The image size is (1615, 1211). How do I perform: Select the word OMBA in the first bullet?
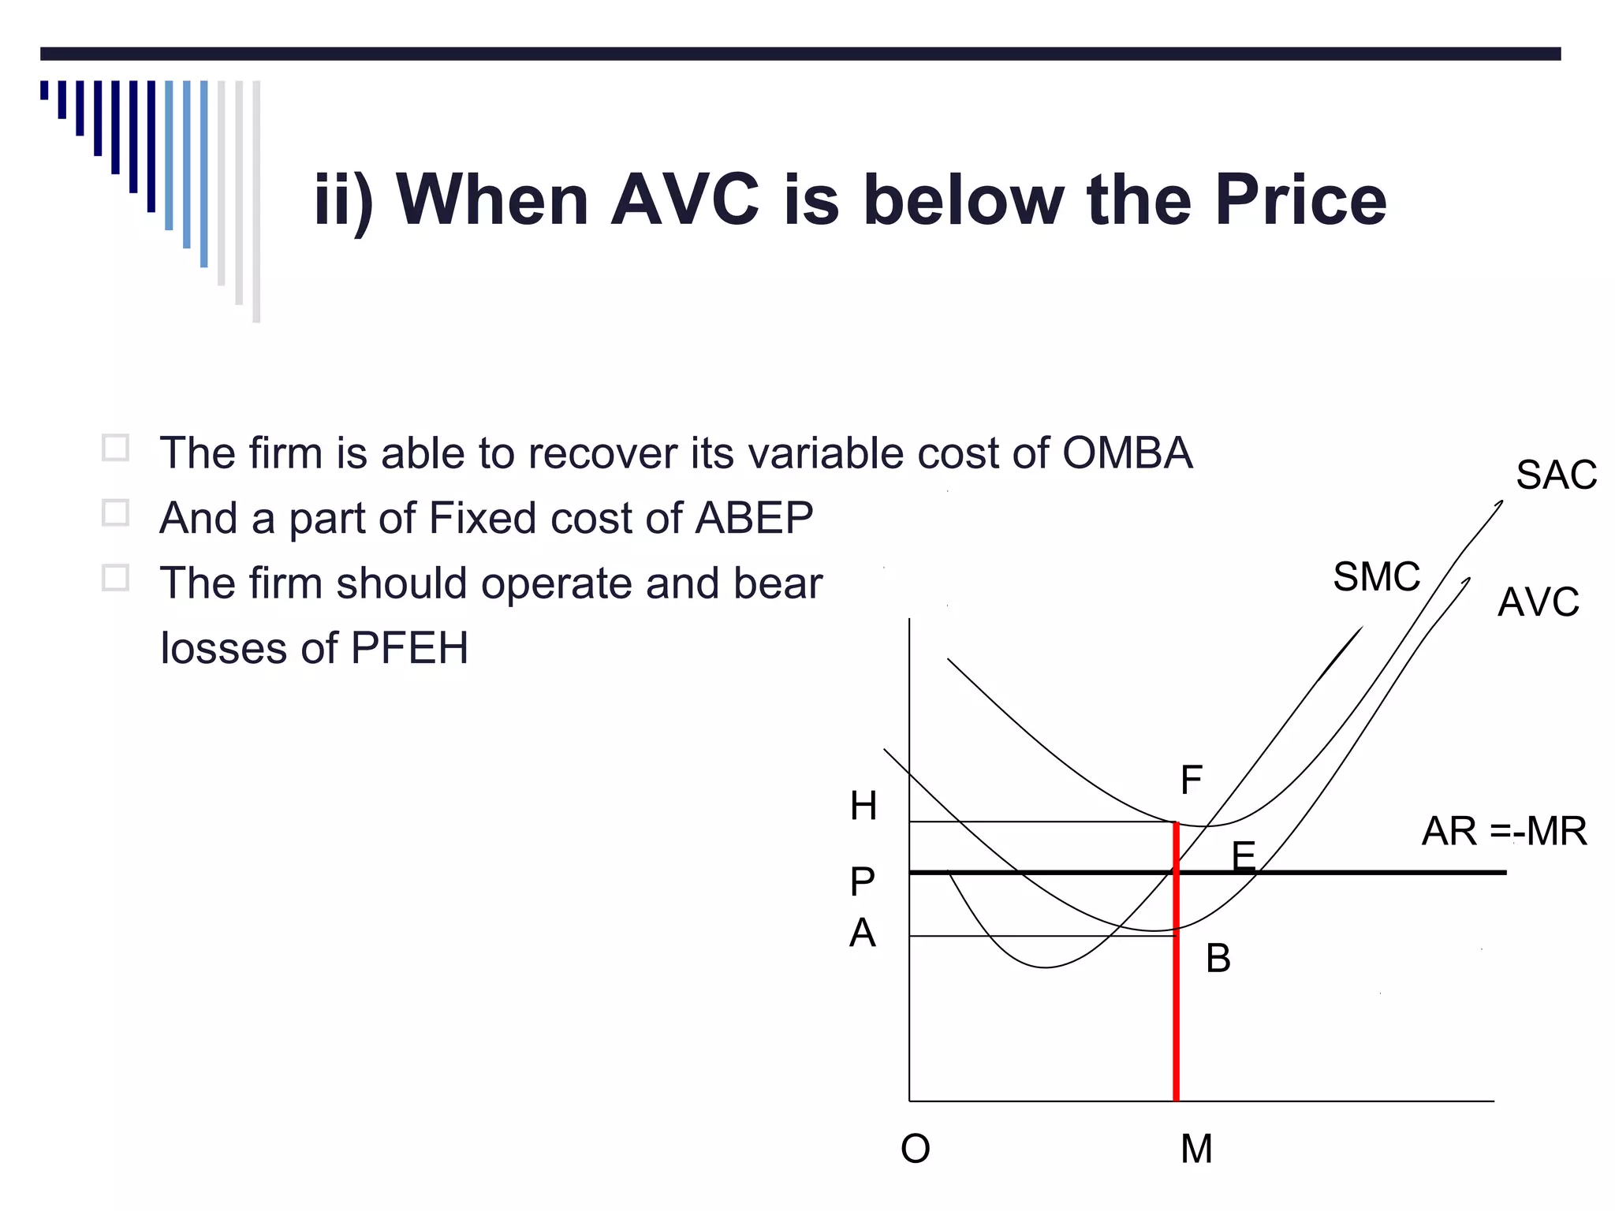click(1127, 453)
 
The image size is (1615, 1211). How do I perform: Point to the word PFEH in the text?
click(409, 648)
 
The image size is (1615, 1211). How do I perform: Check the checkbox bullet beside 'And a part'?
click(115, 513)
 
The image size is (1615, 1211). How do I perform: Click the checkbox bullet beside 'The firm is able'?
click(115, 448)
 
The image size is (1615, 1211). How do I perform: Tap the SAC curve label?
click(1556, 475)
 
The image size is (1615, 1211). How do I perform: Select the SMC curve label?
click(1376, 576)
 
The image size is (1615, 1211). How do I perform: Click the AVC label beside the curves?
click(1538, 602)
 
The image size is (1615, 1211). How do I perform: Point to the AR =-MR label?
click(1504, 831)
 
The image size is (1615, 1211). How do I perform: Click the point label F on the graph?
click(1191, 780)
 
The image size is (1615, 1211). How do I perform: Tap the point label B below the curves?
click(1218, 959)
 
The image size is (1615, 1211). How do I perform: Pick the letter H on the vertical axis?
click(863, 806)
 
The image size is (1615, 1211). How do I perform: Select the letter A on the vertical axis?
click(863, 933)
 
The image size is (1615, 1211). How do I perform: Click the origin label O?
click(916, 1149)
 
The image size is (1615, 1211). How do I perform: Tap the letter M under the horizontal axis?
click(1196, 1149)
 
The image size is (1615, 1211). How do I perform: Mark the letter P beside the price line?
click(863, 881)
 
